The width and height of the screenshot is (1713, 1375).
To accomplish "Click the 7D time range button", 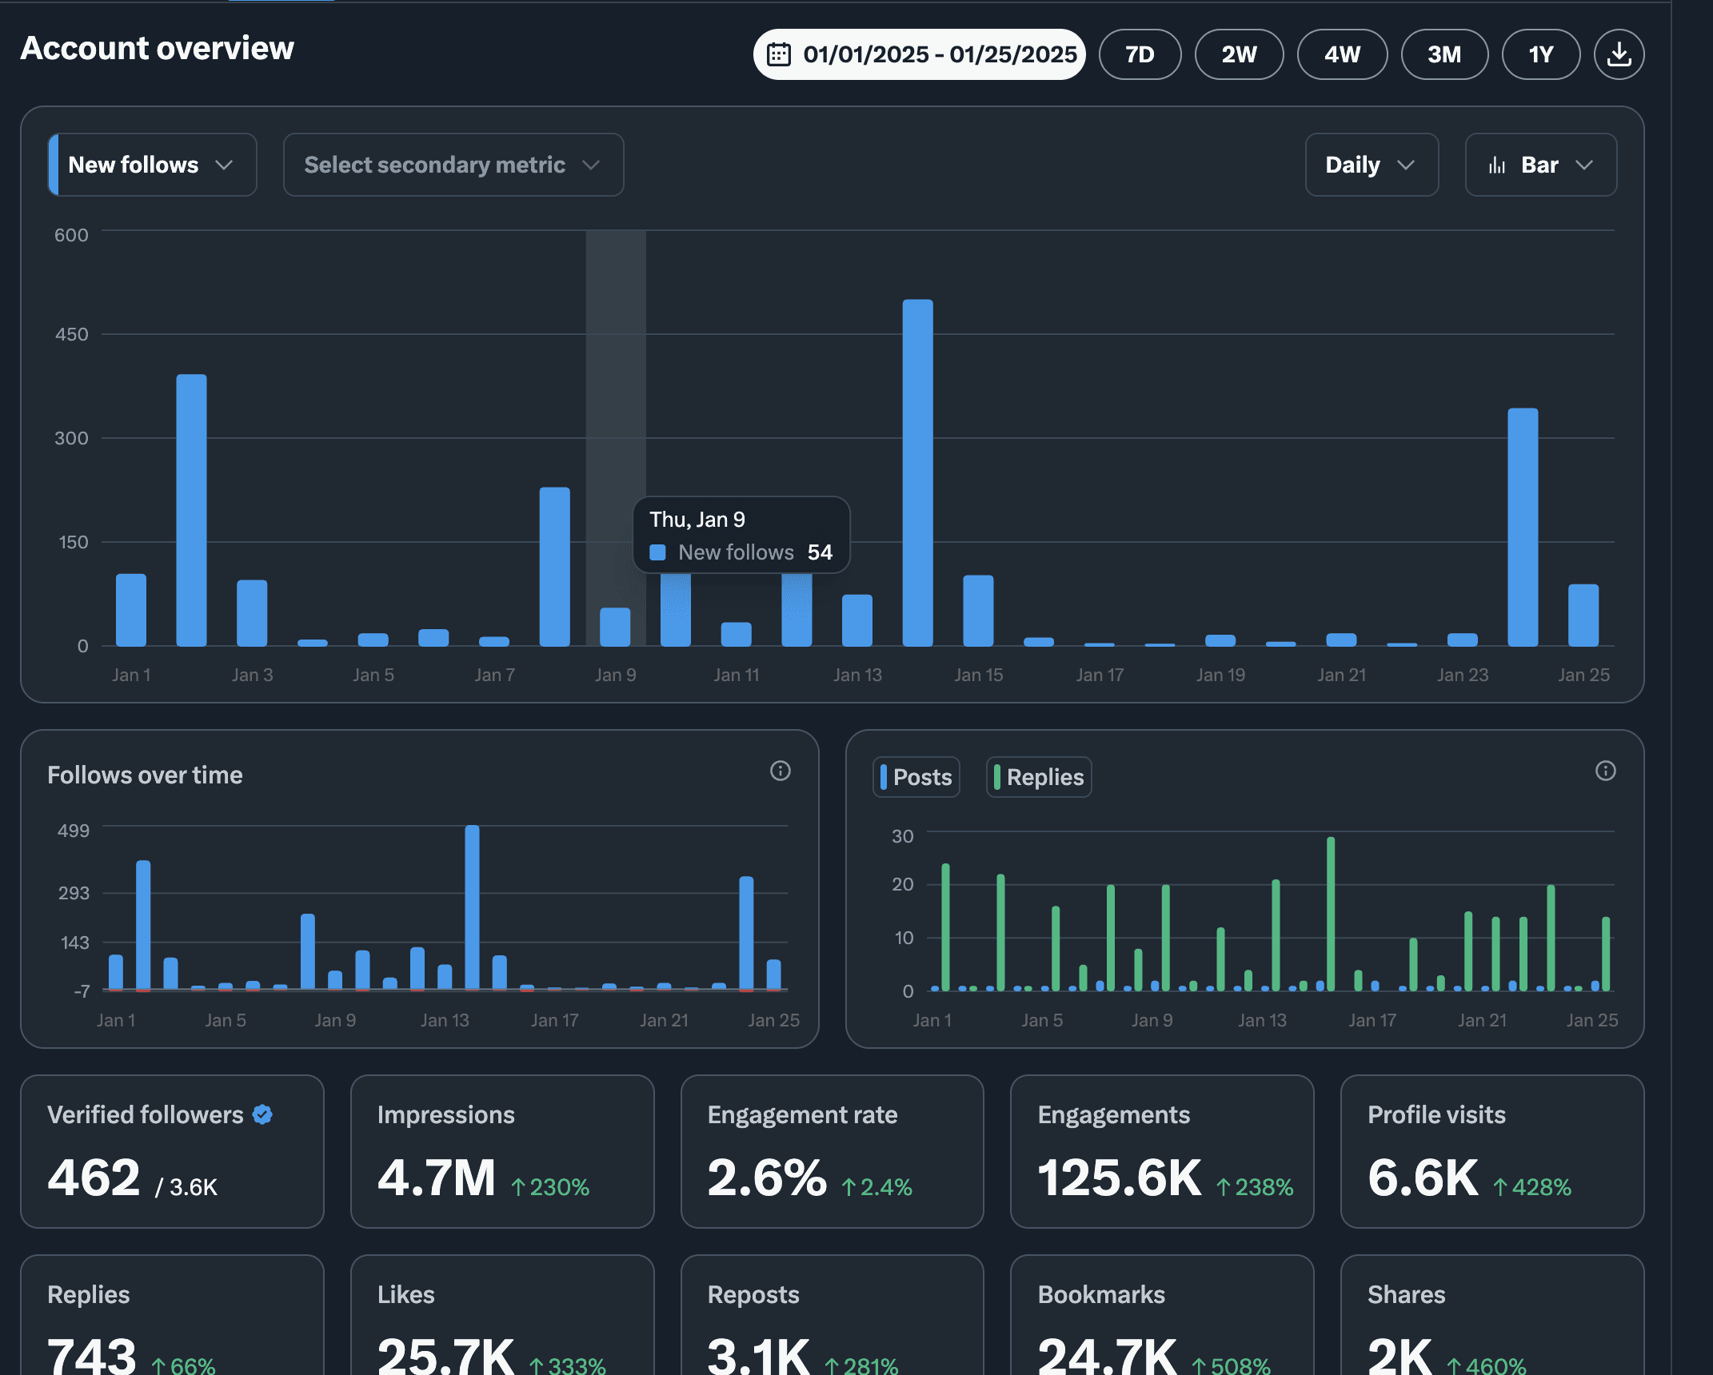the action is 1140,54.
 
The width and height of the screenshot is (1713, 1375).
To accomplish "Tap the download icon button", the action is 1619,54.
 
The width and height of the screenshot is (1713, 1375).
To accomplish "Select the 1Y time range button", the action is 1541,54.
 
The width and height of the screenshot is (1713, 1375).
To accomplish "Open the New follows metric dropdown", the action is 153,165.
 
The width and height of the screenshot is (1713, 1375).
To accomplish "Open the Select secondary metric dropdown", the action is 453,165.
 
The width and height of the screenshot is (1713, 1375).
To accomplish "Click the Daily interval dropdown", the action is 1372,165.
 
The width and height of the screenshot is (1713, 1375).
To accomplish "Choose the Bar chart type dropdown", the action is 1540,165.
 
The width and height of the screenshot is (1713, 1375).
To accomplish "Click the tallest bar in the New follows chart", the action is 917,472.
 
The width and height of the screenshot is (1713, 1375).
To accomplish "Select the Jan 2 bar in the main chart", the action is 191,510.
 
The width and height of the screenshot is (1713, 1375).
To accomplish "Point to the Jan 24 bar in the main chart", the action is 1523,527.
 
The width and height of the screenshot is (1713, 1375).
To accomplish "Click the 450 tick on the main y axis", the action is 71,334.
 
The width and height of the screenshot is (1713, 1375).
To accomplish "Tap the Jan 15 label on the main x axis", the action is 978,675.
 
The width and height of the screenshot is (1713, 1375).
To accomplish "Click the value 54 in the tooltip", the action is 820,552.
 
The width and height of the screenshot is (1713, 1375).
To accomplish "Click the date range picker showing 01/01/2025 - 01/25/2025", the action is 919,54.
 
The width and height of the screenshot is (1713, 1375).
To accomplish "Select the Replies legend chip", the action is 1039,777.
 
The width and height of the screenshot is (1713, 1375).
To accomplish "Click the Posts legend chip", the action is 916,777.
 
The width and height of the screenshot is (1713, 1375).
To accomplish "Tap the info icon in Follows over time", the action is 781,771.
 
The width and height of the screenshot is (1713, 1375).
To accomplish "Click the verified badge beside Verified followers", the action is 262,1114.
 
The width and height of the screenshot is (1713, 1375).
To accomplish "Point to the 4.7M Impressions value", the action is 437,1178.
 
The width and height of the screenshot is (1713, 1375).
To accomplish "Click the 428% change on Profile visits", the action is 1532,1187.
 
